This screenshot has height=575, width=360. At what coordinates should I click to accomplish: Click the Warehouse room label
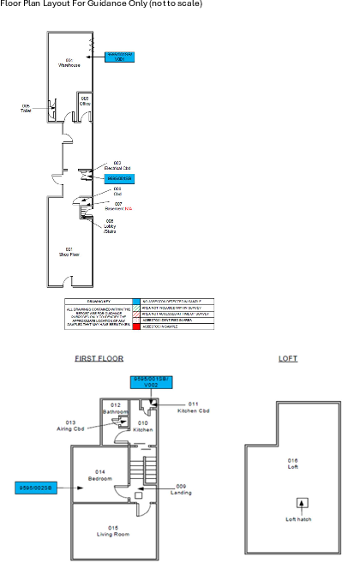pos(69,62)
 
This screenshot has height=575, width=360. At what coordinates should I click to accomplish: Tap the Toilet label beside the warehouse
pos(26,109)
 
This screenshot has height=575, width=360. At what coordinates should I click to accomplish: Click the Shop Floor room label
pos(70,251)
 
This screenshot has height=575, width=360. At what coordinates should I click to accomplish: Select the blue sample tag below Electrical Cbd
pos(120,178)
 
